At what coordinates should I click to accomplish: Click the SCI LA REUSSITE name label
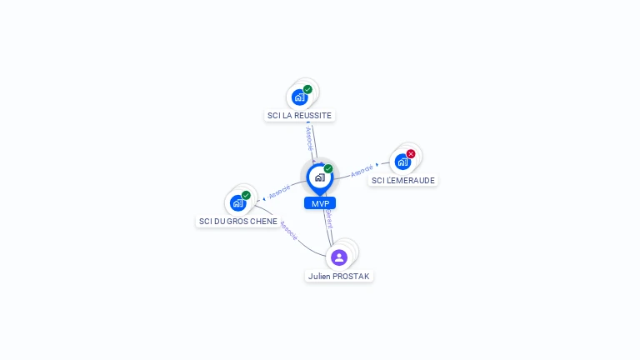(299, 115)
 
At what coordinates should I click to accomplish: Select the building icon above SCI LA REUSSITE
(299, 97)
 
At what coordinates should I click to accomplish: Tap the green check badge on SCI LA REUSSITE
(307, 89)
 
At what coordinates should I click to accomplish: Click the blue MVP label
(320, 203)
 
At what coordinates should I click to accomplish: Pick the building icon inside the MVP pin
(319, 177)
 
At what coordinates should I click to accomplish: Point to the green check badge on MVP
(328, 169)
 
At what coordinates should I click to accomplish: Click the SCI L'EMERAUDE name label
(403, 180)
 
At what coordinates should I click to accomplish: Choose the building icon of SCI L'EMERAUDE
(402, 162)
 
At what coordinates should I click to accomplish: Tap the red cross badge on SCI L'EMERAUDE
(411, 154)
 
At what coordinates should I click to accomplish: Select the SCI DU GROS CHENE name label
(238, 222)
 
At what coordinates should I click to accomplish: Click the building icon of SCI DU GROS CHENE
(237, 202)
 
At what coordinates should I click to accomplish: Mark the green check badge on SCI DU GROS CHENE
(246, 195)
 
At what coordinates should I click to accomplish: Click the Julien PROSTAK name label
(339, 276)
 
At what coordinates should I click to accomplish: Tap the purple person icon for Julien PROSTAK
(339, 257)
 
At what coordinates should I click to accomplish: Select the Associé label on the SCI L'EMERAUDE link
(362, 172)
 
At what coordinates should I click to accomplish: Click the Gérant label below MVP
(329, 222)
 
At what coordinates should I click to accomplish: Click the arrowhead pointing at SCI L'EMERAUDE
(377, 165)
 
